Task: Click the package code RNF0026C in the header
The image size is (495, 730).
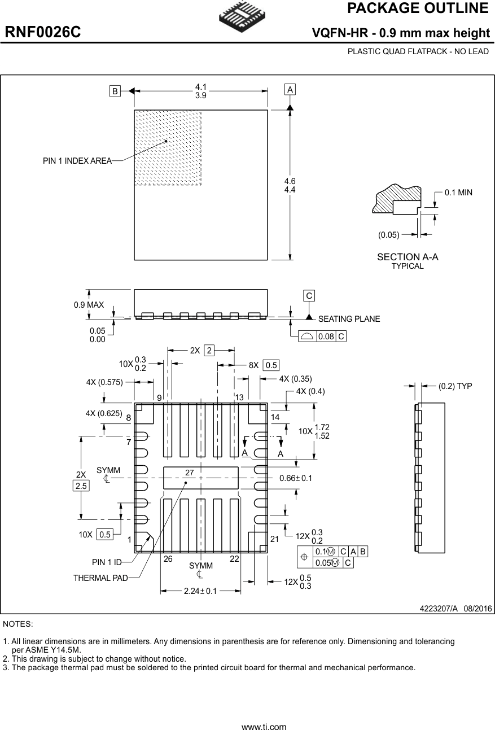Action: (x=43, y=33)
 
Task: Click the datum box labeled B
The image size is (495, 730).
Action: (x=115, y=91)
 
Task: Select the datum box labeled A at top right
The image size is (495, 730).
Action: (x=290, y=90)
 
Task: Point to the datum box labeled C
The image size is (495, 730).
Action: (x=309, y=296)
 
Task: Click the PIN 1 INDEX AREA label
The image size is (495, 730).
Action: (x=77, y=161)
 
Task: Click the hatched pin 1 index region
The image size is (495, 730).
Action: (x=168, y=147)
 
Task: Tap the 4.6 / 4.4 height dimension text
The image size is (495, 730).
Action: (x=290, y=185)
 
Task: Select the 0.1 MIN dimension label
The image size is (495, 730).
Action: (x=458, y=193)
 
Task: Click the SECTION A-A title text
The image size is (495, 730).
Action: (x=408, y=257)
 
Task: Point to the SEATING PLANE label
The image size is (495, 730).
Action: (x=349, y=319)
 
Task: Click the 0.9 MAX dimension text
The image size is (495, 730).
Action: (x=89, y=305)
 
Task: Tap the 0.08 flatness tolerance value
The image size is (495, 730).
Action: (x=325, y=336)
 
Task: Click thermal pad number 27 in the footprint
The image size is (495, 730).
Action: (x=190, y=472)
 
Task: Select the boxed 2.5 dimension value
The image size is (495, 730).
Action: (x=81, y=486)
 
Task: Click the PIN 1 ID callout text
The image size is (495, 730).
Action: (x=107, y=562)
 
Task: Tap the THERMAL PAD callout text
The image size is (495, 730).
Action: (x=100, y=578)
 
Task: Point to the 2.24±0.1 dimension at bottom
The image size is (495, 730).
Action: (x=201, y=591)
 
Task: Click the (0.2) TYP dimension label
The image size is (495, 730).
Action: (x=455, y=386)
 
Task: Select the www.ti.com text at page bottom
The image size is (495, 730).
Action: (x=264, y=727)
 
